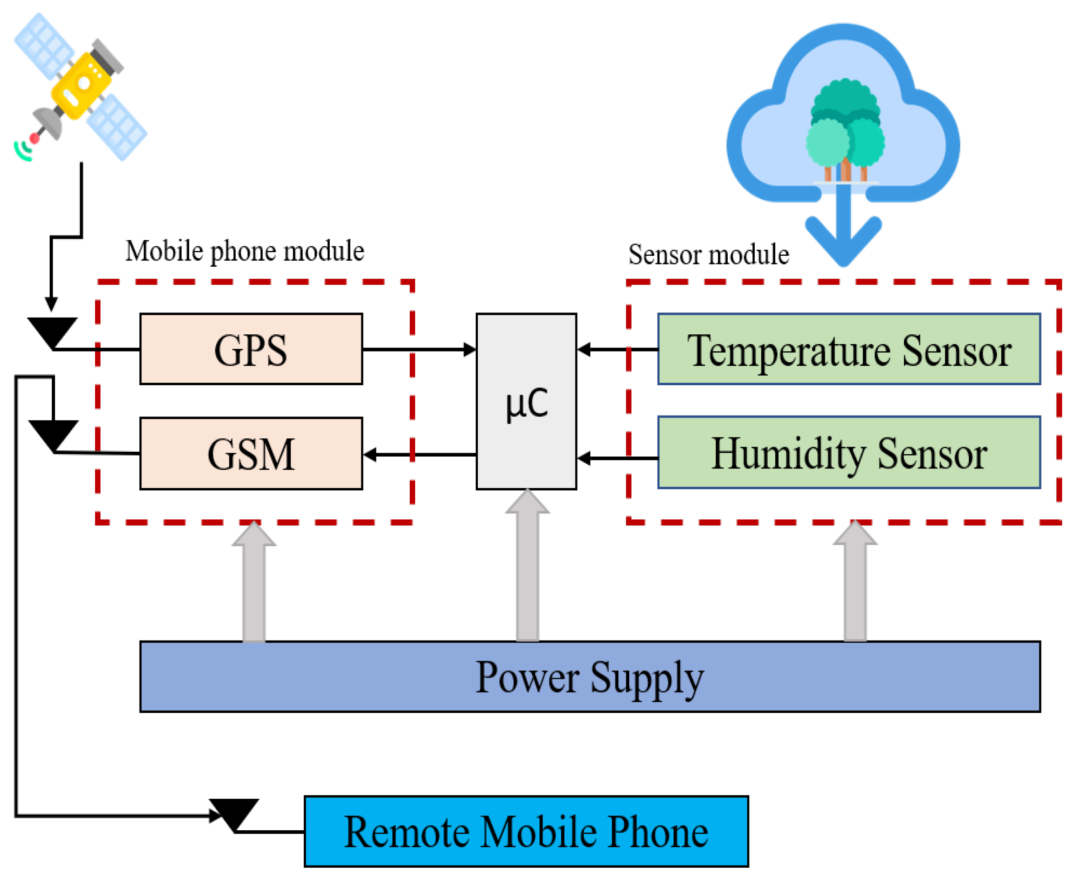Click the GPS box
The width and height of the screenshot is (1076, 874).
[251, 349]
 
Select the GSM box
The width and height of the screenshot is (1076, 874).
[251, 453]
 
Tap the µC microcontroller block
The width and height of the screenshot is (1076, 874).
[526, 401]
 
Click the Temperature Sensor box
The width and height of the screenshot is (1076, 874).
[849, 349]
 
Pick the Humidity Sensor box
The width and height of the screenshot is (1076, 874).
[849, 452]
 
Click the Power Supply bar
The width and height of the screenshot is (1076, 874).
[590, 676]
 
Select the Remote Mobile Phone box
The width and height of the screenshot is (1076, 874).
[526, 832]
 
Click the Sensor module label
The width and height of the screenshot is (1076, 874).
[708, 254]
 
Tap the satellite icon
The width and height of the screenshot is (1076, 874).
[80, 87]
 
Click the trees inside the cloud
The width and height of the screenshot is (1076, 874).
[845, 130]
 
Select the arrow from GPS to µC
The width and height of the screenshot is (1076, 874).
[419, 349]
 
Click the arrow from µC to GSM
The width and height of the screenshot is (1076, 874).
[419, 455]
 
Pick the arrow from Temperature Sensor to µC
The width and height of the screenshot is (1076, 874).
[618, 349]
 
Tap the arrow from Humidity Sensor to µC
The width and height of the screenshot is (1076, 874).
[618, 458]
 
